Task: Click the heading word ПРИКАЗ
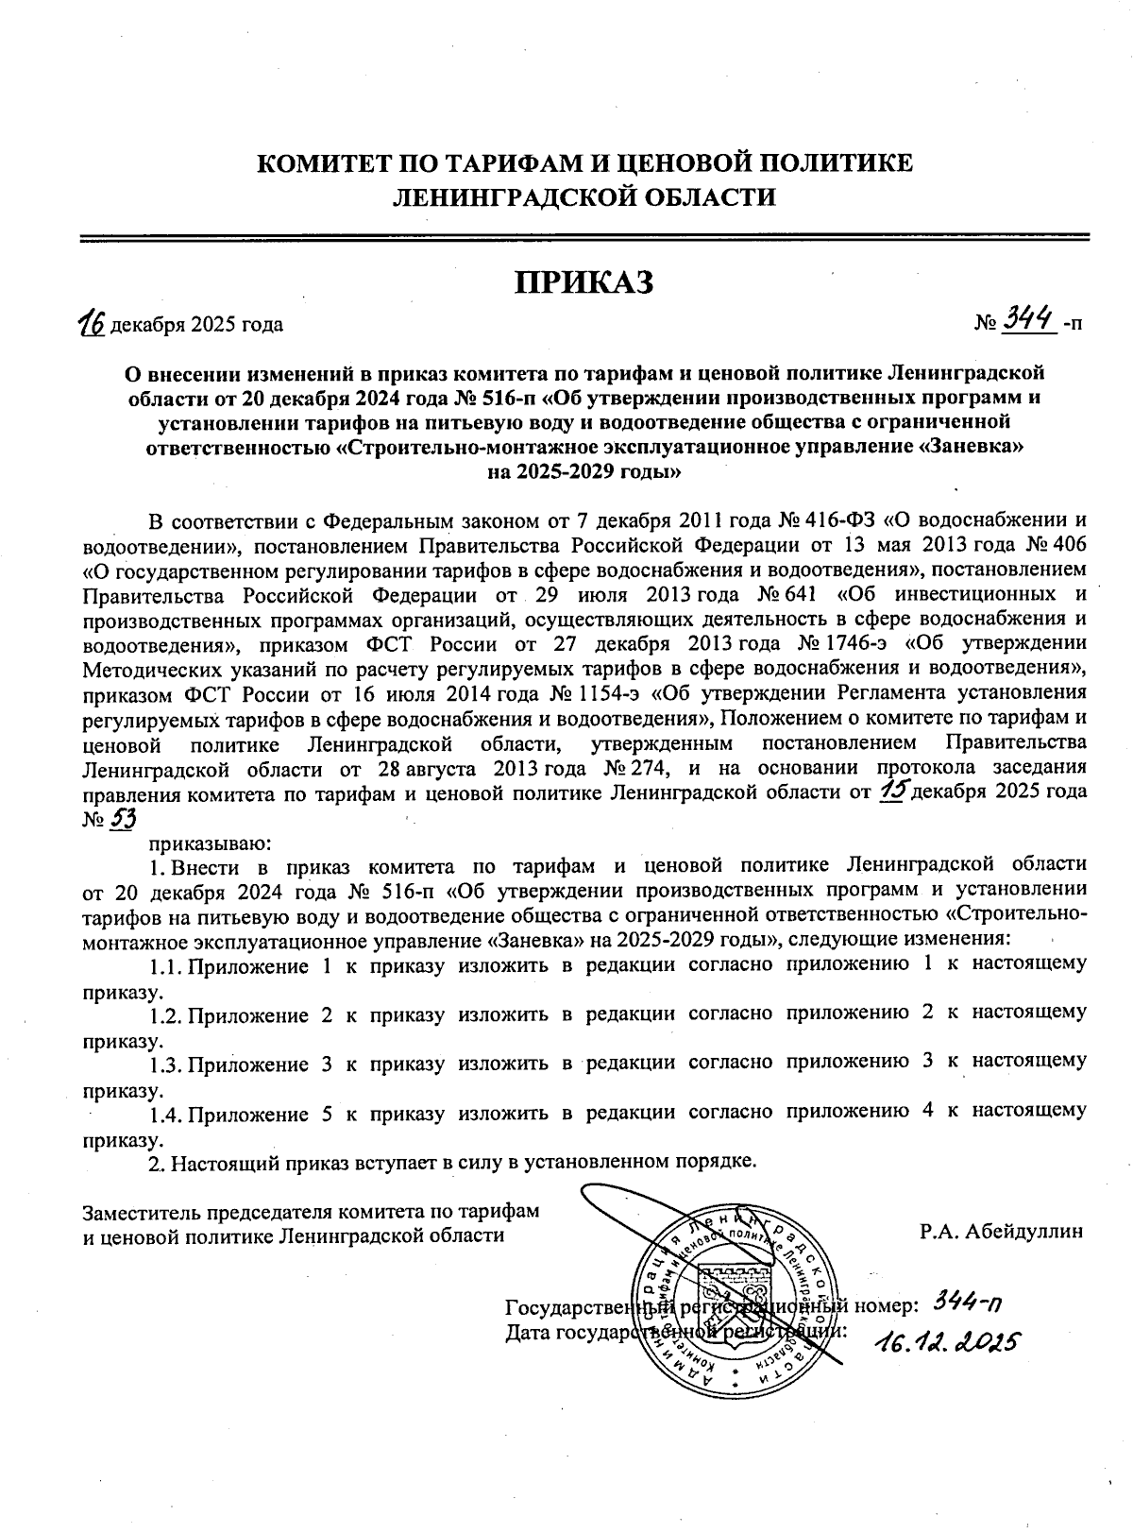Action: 583,281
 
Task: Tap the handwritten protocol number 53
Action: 123,819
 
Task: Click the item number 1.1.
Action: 164,965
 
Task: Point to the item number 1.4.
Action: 164,1112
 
